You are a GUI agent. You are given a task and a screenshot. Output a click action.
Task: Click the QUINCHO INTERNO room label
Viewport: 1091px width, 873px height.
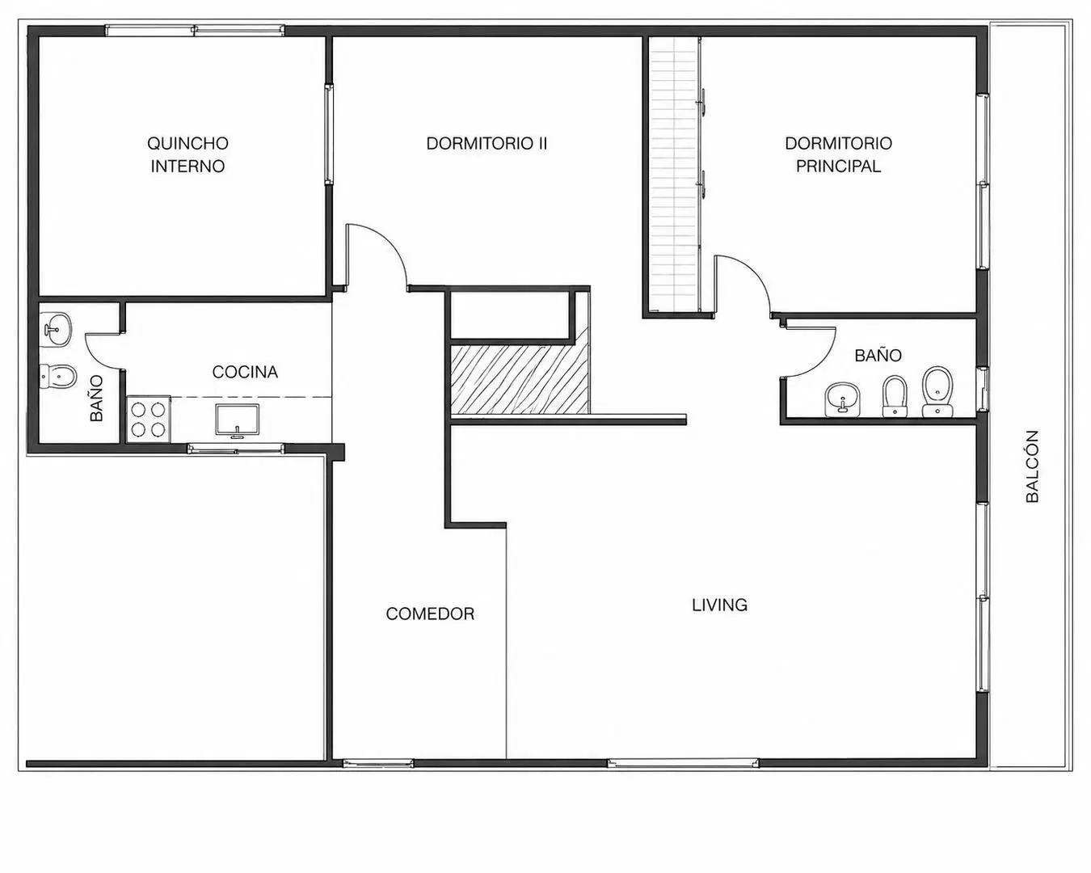click(x=187, y=154)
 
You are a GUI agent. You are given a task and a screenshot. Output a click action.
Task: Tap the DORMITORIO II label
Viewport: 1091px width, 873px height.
click(x=487, y=144)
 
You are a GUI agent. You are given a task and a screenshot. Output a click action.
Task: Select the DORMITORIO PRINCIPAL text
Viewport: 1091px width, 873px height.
click(x=838, y=154)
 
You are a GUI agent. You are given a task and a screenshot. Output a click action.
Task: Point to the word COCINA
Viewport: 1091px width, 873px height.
click(x=245, y=372)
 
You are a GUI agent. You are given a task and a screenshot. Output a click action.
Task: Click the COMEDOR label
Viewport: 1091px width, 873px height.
click(x=430, y=614)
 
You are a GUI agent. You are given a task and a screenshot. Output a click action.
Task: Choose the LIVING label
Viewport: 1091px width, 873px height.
click(x=719, y=605)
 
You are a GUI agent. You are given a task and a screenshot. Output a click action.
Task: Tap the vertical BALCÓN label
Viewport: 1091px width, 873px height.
click(x=1032, y=466)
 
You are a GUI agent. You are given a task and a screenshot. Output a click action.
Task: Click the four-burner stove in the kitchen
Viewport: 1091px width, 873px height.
click(x=149, y=419)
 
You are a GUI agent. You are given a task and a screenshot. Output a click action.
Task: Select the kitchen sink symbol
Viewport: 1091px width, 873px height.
click(x=237, y=420)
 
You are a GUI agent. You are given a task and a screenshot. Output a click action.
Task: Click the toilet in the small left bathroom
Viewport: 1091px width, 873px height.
click(x=58, y=376)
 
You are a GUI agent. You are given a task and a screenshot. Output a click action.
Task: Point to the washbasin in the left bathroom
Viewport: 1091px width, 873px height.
click(x=55, y=330)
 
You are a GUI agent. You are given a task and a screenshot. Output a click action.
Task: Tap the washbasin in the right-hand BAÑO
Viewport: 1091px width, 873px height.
click(x=842, y=400)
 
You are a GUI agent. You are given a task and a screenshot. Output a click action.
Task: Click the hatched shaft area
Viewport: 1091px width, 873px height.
click(x=520, y=379)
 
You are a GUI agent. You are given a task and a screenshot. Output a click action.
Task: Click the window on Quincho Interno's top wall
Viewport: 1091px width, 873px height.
click(x=195, y=31)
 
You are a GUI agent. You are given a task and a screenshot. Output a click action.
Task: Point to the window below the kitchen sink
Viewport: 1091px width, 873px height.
click(x=236, y=449)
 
